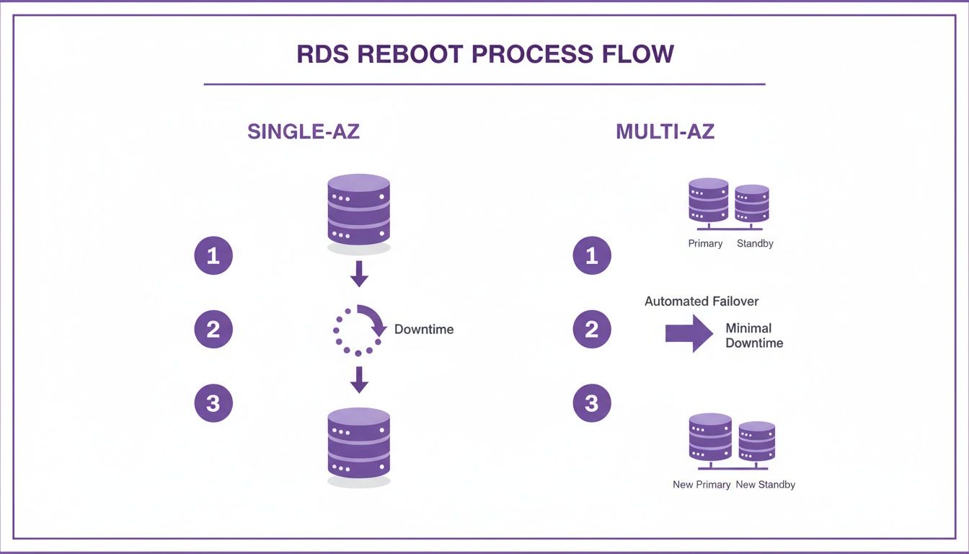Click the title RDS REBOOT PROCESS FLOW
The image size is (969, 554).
click(x=485, y=54)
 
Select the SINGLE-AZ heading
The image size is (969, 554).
click(x=303, y=131)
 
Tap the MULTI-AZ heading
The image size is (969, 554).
click(x=665, y=131)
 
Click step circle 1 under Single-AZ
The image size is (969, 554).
click(x=213, y=255)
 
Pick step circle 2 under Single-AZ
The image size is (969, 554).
click(x=213, y=330)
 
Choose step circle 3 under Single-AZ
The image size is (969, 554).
click(x=213, y=403)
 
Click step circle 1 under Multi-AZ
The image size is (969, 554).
click(x=592, y=255)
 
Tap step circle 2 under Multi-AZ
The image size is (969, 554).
click(x=592, y=330)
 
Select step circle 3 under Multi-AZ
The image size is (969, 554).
click(x=592, y=403)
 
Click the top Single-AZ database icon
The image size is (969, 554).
click(x=359, y=209)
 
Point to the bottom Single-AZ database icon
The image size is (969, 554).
click(x=359, y=443)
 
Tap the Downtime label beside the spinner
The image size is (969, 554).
click(x=424, y=330)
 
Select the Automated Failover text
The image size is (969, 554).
click(x=702, y=302)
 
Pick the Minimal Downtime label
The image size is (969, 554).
click(x=754, y=335)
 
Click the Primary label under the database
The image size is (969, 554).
click(x=705, y=244)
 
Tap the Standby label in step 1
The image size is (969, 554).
click(x=755, y=244)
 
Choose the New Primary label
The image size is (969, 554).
click(x=702, y=485)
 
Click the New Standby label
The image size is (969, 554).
click(x=765, y=485)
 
